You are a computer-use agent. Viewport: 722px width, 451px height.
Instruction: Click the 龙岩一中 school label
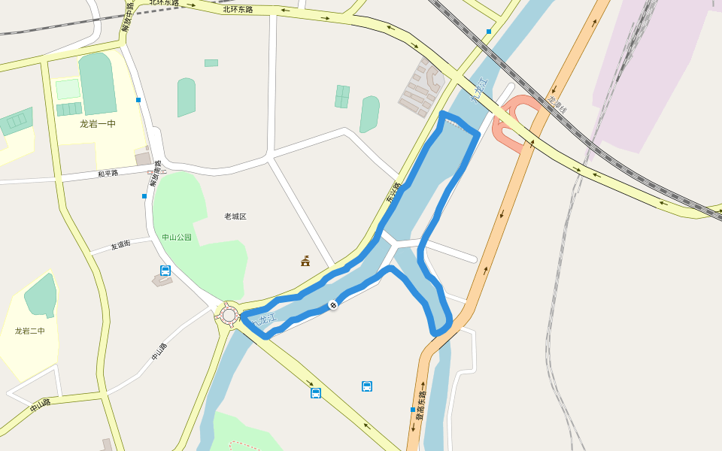[98, 124]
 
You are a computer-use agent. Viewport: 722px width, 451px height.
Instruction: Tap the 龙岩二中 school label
[30, 331]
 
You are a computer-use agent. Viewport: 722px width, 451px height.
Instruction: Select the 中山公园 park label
[177, 238]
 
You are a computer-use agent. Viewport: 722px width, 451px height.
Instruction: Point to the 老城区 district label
[235, 216]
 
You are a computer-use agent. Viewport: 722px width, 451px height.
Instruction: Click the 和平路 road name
[108, 174]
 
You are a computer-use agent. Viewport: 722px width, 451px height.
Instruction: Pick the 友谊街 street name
[120, 245]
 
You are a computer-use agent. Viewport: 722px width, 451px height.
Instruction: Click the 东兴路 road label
[394, 193]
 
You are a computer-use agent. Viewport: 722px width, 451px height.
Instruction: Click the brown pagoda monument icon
[305, 261]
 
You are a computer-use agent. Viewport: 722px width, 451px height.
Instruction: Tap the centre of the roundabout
[229, 315]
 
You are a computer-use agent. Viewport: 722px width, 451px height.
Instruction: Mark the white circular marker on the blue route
[332, 304]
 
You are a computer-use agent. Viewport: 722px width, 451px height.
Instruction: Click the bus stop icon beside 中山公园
[165, 271]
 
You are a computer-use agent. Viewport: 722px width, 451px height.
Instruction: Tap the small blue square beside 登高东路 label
[413, 410]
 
